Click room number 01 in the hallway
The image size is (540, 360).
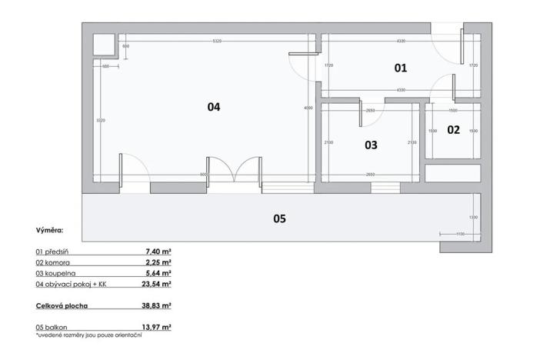tap(400, 68)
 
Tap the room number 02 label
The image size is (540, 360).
tap(453, 130)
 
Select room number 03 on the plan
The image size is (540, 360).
tap(371, 144)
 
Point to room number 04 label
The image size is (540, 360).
tap(214, 108)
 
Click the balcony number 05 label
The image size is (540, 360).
tap(279, 218)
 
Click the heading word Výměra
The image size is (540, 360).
tap(50, 230)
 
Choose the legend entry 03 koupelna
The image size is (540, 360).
tap(56, 272)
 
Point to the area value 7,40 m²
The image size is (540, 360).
tap(158, 251)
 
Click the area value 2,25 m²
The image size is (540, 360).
tap(158, 262)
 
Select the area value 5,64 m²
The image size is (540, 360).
tap(158, 272)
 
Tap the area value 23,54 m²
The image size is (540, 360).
tap(156, 283)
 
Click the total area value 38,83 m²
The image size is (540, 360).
tap(156, 305)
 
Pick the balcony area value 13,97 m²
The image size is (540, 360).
tap(156, 327)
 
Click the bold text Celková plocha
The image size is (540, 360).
tap(62, 305)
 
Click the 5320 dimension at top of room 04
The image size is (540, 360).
tap(217, 41)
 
